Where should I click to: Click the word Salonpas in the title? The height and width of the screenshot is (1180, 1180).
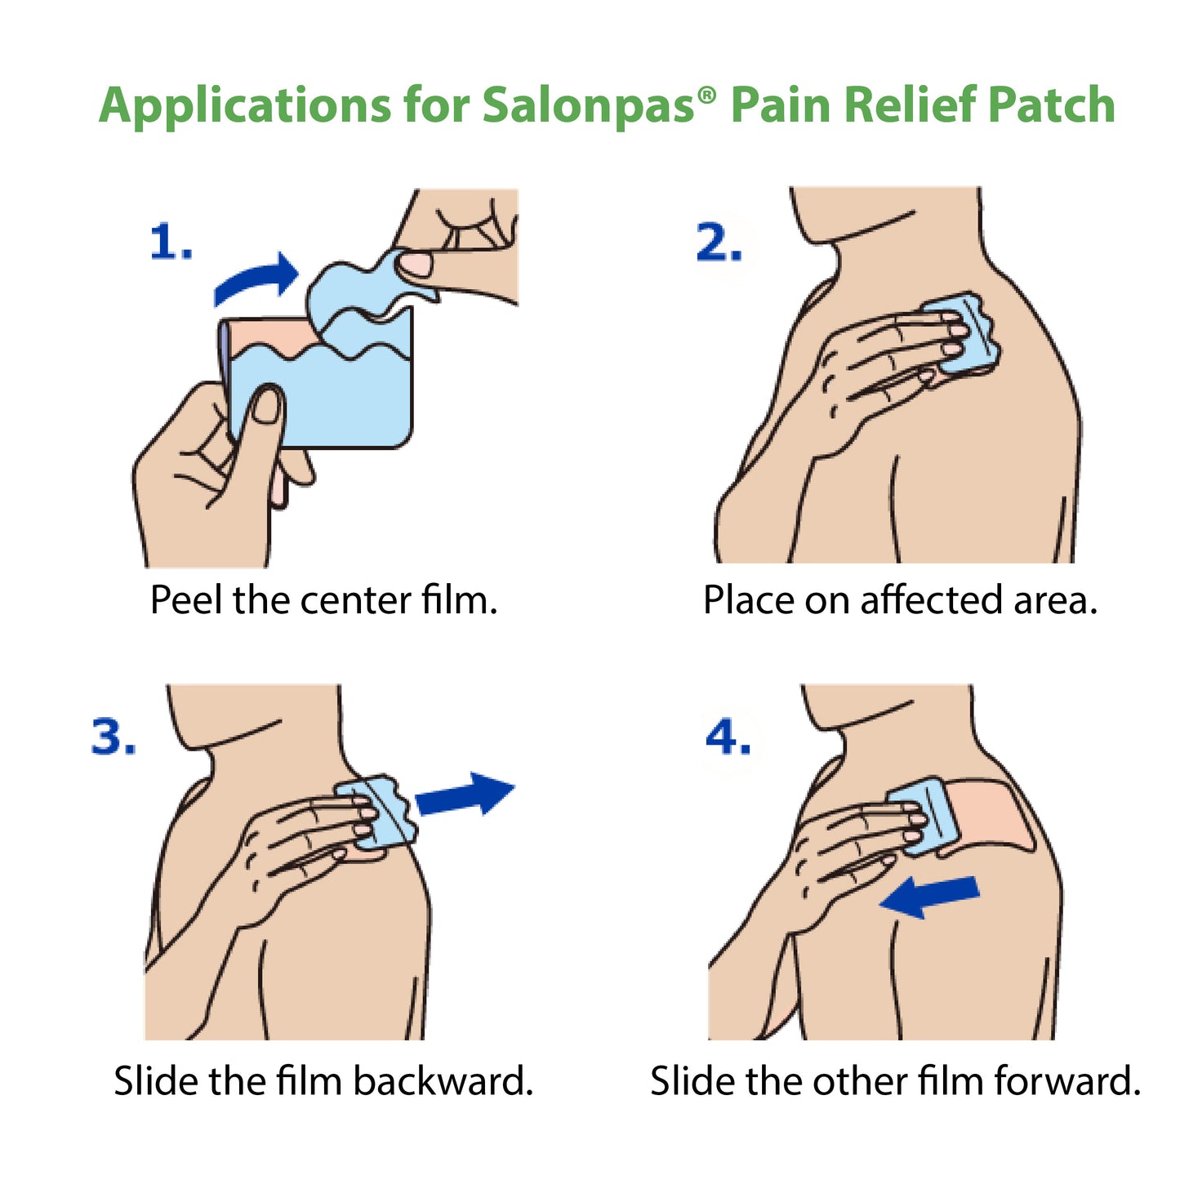pyautogui.click(x=588, y=106)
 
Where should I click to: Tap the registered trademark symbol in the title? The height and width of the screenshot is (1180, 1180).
pyautogui.click(x=707, y=95)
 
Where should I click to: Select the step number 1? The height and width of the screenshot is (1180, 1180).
pyautogui.click(x=171, y=243)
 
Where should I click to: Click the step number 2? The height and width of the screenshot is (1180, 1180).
pyautogui.click(x=719, y=243)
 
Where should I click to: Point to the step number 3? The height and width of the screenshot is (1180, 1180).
pyautogui.click(x=114, y=737)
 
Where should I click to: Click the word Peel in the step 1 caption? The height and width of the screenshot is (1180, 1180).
pyautogui.click(x=187, y=601)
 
